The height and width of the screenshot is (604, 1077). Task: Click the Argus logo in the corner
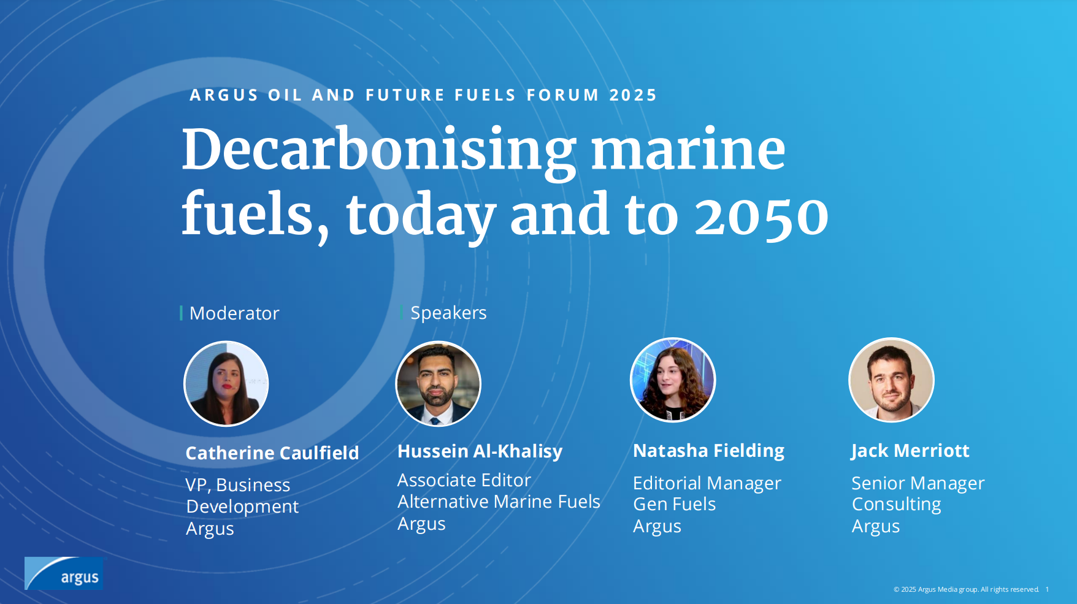click(64, 573)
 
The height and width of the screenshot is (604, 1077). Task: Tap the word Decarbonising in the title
click(379, 151)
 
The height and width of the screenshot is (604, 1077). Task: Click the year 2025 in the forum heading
click(633, 95)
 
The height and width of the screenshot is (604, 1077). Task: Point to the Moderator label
click(234, 313)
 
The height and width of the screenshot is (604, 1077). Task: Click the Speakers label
click(448, 313)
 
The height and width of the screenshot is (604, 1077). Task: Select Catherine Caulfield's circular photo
click(226, 383)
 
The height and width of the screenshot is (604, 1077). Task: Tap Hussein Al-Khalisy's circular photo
click(438, 383)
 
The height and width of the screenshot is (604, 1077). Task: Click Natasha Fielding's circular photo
click(673, 380)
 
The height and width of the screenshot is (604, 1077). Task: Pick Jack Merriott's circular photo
click(891, 380)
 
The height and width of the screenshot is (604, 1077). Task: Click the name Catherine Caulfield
click(272, 453)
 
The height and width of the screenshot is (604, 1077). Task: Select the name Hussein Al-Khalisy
click(480, 451)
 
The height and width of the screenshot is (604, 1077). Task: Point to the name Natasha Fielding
click(708, 451)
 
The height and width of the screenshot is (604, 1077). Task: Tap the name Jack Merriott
click(910, 451)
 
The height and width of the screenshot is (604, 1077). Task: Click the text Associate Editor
click(464, 480)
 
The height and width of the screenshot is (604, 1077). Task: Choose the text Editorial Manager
click(707, 483)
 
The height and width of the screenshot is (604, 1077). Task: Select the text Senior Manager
click(918, 483)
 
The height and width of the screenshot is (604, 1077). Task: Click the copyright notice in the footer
click(966, 589)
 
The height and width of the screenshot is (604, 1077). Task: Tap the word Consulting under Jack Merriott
click(897, 505)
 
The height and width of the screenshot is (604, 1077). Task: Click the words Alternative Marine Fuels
click(499, 502)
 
